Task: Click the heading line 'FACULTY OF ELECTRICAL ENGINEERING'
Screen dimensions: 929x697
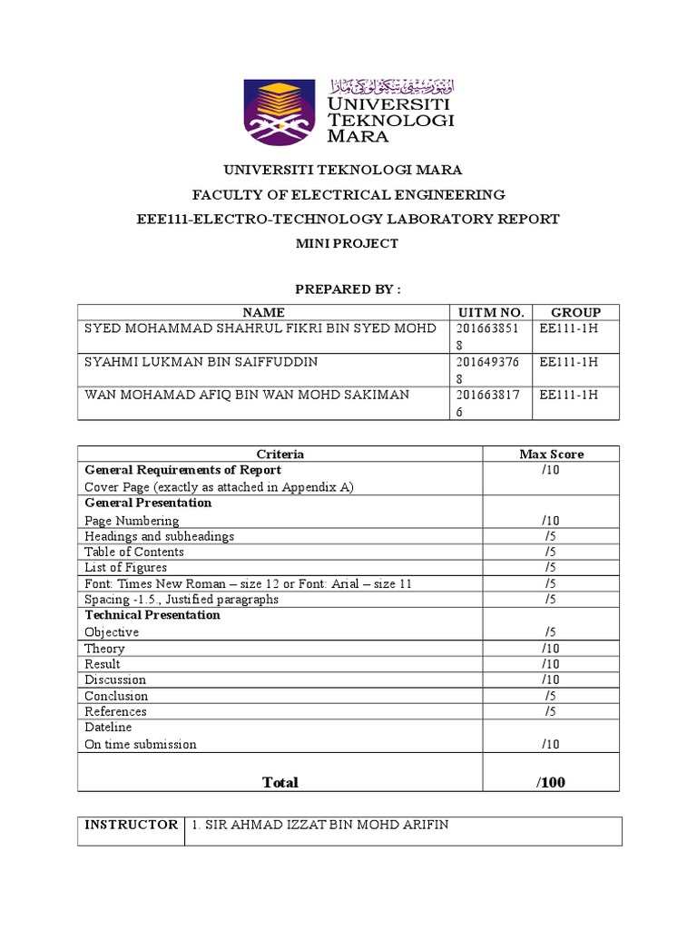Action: click(348, 194)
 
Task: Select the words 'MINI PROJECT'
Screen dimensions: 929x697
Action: click(348, 243)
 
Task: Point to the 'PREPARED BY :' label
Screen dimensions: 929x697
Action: click(348, 289)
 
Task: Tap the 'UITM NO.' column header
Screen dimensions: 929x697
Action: click(490, 312)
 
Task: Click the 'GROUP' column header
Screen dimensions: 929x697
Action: click(575, 312)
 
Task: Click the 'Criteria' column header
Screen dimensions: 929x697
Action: click(280, 454)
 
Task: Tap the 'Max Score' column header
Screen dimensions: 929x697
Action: click(551, 454)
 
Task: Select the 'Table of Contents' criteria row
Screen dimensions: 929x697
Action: click(134, 552)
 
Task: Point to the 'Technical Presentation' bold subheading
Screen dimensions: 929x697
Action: click(152, 615)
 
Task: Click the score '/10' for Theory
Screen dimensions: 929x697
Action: click(551, 649)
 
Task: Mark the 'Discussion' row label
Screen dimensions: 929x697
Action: click(115, 680)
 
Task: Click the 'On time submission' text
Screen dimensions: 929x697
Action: click(141, 744)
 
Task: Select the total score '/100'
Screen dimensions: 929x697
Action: click(551, 782)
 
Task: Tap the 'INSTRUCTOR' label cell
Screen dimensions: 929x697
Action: click(131, 825)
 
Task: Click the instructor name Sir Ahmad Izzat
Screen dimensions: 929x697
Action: click(320, 825)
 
